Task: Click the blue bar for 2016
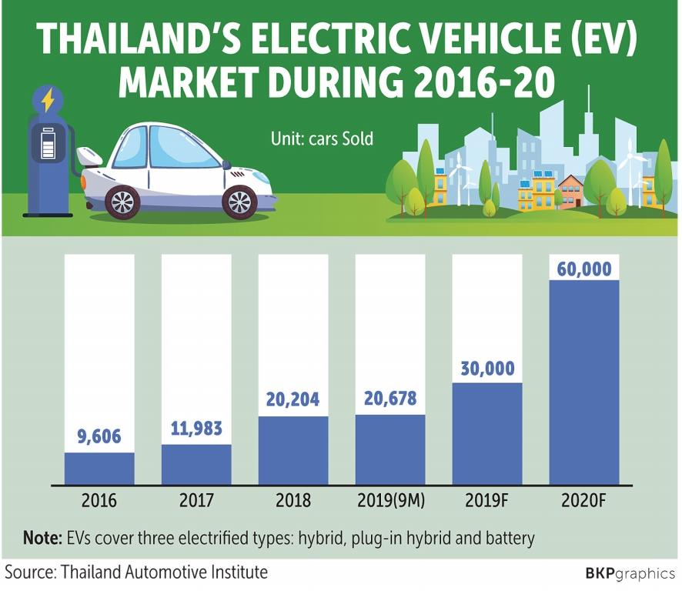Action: point(99,469)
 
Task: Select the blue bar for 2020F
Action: point(584,382)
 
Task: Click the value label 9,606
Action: point(99,438)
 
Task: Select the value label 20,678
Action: point(390,400)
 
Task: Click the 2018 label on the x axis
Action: point(293,501)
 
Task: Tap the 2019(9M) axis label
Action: point(390,501)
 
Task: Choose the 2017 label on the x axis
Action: point(196,501)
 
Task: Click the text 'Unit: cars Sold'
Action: point(322,139)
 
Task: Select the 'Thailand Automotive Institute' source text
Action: point(164,573)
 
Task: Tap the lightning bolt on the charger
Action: point(48,101)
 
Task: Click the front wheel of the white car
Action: point(239,202)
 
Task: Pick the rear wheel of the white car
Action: point(122,202)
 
